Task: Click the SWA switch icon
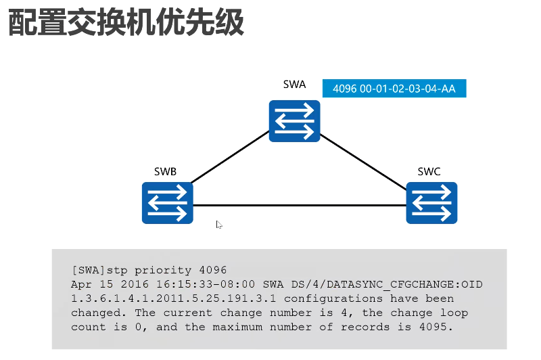pyautogui.click(x=294, y=120)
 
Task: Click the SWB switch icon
pyautogui.click(x=168, y=202)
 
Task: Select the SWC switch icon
pyautogui.click(x=431, y=202)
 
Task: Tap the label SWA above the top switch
pyautogui.click(x=294, y=85)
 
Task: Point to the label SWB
pyautogui.click(x=165, y=172)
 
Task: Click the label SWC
pyautogui.click(x=429, y=172)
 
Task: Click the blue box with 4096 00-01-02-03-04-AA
pyautogui.click(x=394, y=89)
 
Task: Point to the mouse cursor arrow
pyautogui.click(x=219, y=224)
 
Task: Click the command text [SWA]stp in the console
pyautogui.click(x=97, y=270)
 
